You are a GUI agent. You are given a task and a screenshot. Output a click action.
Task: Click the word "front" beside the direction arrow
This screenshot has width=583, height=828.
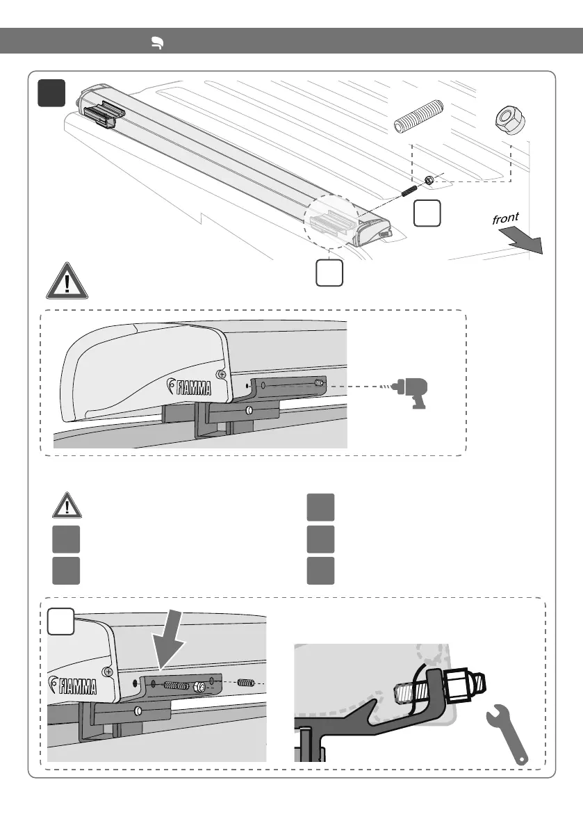point(505,219)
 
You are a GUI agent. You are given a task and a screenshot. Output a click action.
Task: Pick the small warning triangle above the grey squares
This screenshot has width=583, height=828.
point(66,505)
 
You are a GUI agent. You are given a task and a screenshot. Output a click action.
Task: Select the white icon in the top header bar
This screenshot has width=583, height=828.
point(158,44)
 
